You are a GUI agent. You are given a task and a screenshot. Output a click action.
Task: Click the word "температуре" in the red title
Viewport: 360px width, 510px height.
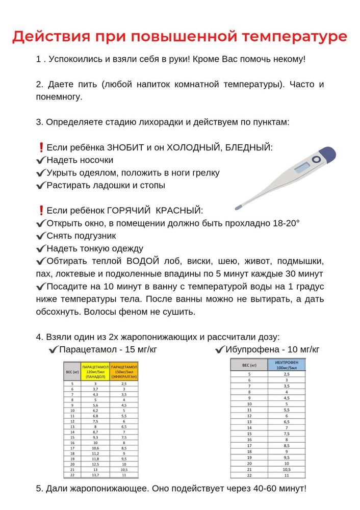[295, 37]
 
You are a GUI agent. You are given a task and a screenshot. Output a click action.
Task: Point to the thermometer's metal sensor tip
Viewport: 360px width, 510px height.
[238, 208]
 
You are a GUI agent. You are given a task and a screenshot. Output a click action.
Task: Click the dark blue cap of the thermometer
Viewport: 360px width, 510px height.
[327, 154]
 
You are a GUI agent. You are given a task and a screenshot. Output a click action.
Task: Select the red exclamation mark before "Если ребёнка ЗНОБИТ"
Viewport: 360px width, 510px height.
[41, 147]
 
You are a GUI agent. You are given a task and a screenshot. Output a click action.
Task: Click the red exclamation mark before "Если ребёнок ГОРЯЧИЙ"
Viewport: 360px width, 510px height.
[41, 211]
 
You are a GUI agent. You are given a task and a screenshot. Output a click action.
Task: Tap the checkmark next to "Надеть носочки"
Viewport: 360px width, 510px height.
[41, 160]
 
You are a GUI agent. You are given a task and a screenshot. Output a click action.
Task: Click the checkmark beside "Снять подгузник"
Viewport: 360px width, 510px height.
[41, 236]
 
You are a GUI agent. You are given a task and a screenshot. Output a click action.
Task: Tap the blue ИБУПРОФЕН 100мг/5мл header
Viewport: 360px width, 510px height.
[286, 365]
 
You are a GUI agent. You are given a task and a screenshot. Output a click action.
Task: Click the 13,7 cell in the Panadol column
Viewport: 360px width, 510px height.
[95, 475]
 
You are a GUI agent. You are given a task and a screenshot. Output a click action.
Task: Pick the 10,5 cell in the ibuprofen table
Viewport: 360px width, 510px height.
[286, 469]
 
